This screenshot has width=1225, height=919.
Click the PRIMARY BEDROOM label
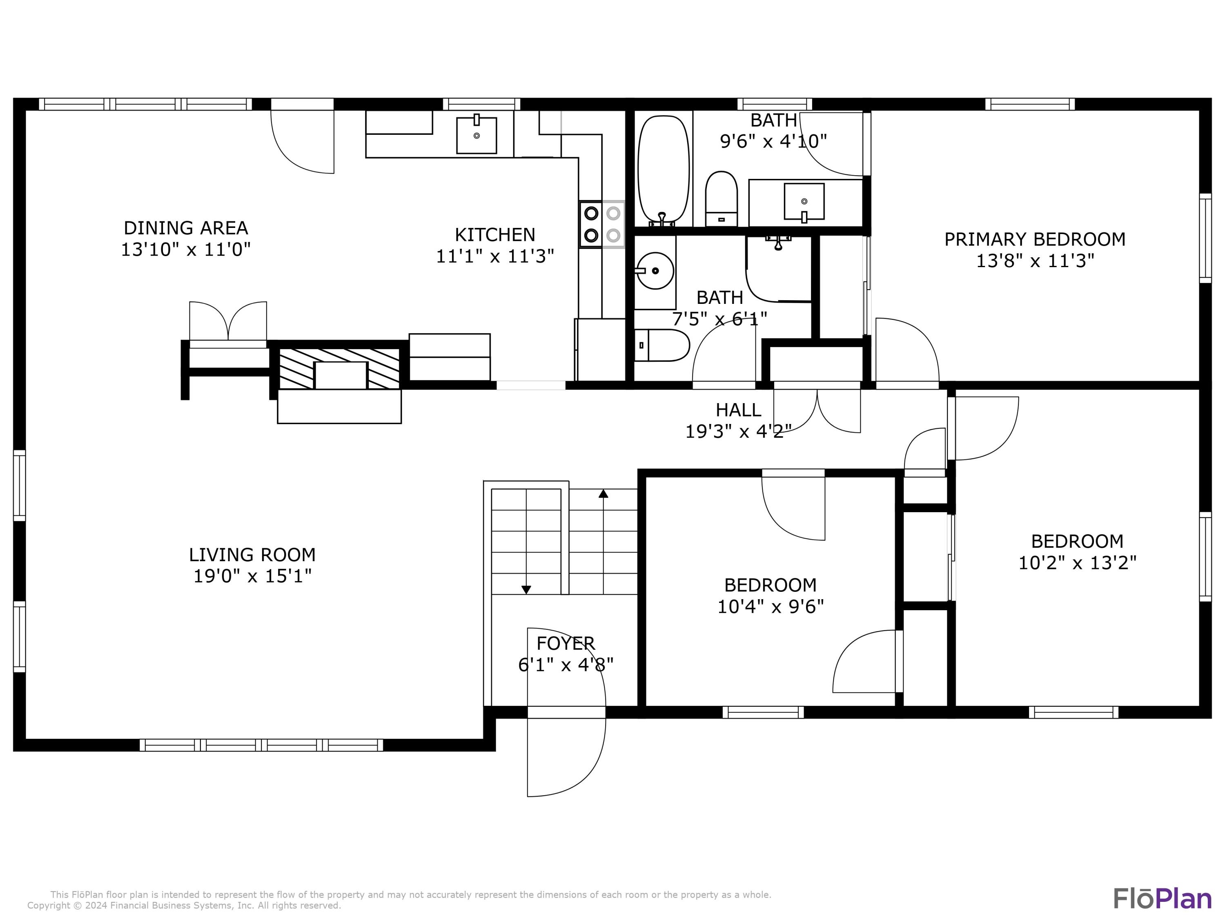point(1034,239)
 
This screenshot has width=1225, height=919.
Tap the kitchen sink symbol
point(476,135)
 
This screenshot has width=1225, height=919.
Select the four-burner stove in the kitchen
point(602,224)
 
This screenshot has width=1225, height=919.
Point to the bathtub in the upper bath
point(664,169)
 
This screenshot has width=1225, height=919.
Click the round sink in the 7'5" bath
point(655,271)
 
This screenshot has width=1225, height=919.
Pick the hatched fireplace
point(339,368)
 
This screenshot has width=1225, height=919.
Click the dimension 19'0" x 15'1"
point(252,576)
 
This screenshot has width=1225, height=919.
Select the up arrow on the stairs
point(604,493)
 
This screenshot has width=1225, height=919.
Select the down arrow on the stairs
point(526,589)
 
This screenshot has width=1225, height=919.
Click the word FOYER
point(566,643)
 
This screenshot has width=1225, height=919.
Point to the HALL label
point(738,410)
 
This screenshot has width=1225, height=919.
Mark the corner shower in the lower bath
point(778,269)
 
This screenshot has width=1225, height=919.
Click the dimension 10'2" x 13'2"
point(1077,563)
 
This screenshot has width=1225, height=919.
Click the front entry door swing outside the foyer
point(566,759)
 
